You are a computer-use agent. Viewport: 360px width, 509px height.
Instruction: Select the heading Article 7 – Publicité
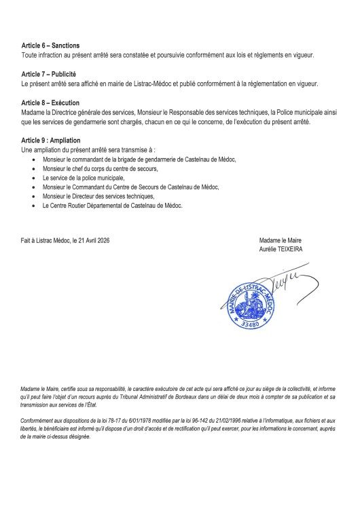[x=49, y=74]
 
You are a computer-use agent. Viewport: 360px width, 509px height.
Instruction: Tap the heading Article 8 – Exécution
[x=50, y=102]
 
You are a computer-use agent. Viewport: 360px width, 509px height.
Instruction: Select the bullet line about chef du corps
[x=100, y=168]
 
